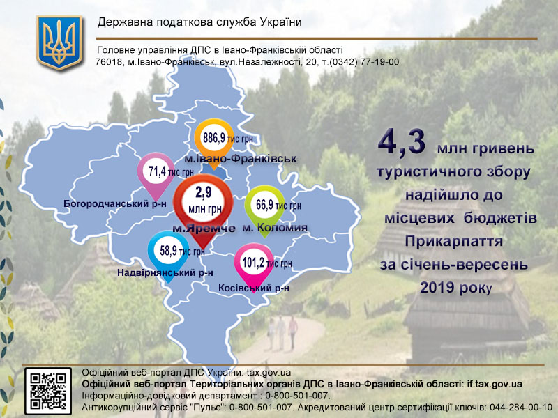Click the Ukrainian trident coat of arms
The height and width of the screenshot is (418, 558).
click(x=59, y=42)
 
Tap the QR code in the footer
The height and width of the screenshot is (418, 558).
click(x=48, y=391)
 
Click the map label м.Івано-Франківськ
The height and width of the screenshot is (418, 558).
click(x=241, y=159)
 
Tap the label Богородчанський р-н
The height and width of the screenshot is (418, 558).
click(x=115, y=203)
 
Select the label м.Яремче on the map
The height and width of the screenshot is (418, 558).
click(x=204, y=229)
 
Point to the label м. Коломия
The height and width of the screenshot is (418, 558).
click(x=275, y=228)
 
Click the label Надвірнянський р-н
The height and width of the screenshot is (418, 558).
click(x=165, y=272)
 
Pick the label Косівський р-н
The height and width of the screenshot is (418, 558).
click(x=254, y=288)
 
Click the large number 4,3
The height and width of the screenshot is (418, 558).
click(x=402, y=143)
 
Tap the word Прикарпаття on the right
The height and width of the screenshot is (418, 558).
click(x=454, y=241)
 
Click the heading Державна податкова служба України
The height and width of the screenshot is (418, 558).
click(x=199, y=22)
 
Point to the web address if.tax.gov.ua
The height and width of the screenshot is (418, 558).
click(x=495, y=385)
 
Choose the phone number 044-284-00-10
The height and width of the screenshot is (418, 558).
click(x=521, y=408)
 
